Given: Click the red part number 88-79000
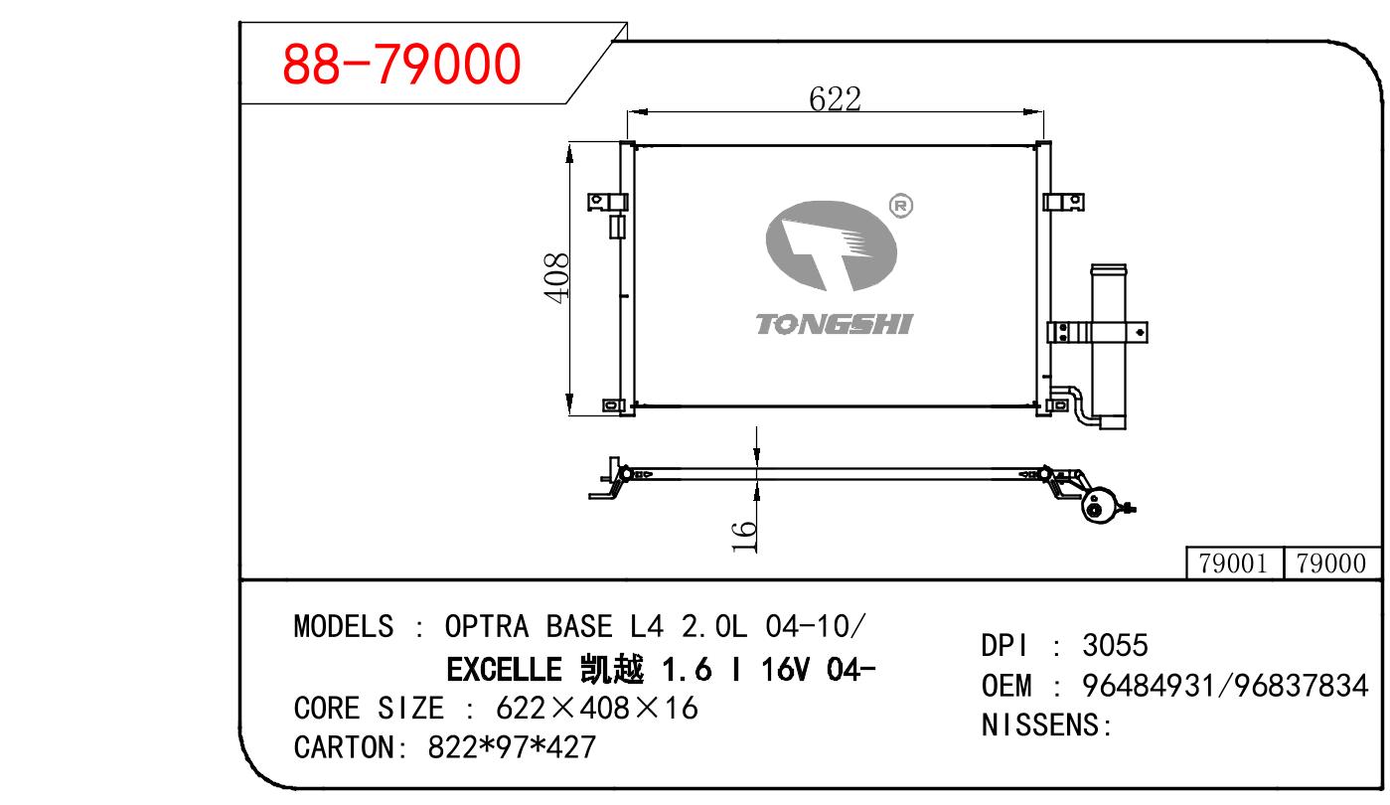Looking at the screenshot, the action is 401,64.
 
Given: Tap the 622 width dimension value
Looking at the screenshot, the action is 835,98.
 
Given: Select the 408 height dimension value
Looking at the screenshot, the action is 556,278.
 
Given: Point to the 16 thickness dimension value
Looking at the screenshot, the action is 744,537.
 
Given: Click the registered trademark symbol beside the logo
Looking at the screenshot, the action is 901,206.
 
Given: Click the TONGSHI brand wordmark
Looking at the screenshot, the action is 834,325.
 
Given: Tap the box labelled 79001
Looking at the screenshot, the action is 1234,563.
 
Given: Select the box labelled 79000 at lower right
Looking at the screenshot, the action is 1331,563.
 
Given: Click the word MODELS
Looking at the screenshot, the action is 343,626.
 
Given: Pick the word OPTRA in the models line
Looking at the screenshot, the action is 487,626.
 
